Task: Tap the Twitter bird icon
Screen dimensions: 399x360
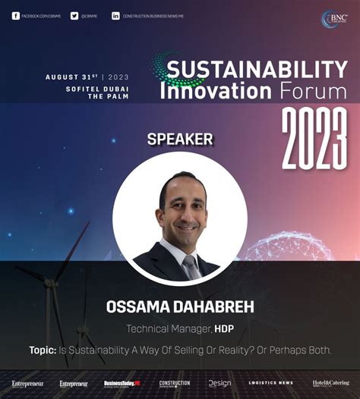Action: [x=74, y=15]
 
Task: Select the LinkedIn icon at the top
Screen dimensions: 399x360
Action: [x=115, y=15]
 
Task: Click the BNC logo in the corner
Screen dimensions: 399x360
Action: [x=333, y=20]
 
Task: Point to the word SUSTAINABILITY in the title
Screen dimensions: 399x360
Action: [x=257, y=70]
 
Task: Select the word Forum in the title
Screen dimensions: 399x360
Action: [x=311, y=92]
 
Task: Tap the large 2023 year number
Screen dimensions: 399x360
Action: [x=314, y=140]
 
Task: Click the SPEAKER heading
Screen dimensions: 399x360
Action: [x=180, y=140]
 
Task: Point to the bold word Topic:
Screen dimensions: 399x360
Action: [x=43, y=350]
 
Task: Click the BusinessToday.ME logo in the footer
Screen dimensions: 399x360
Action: [x=122, y=383]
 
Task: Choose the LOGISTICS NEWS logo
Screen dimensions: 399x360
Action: [x=270, y=383]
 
